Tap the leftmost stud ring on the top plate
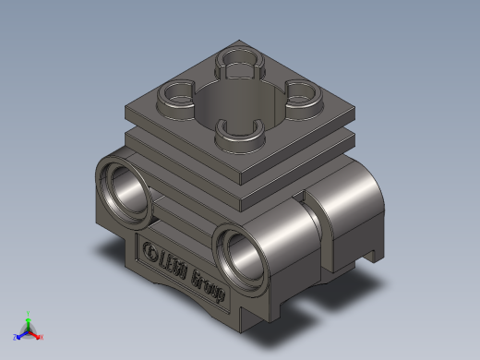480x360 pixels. point(175,93)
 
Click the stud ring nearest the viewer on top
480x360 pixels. point(239,133)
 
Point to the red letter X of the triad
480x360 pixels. point(42,337)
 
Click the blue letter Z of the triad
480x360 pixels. point(15,337)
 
